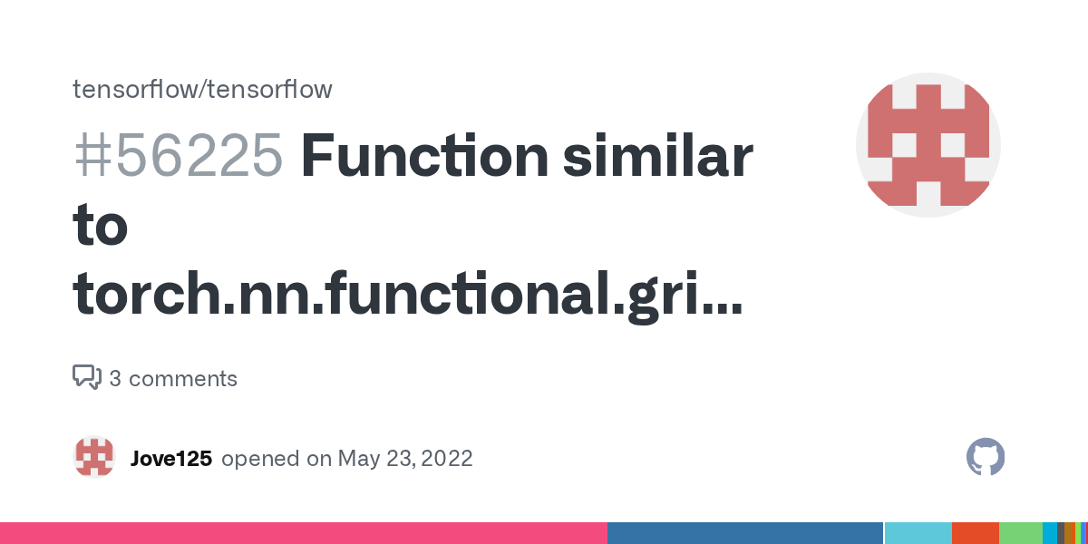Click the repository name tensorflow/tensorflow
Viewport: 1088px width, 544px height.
click(202, 89)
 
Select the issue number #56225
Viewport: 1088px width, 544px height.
click(178, 156)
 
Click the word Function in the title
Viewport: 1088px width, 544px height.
click(424, 156)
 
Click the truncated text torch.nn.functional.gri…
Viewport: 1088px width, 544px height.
click(407, 293)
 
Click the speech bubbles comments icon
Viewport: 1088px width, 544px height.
click(87, 377)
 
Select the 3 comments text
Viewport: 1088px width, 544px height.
click(173, 379)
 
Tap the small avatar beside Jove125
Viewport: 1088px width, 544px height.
click(94, 457)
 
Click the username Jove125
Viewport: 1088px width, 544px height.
click(171, 459)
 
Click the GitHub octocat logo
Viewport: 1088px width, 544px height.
click(986, 457)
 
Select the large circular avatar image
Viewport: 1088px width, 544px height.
click(928, 145)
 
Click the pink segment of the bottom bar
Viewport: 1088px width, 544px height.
click(303, 533)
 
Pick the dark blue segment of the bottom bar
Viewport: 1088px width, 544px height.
click(744, 533)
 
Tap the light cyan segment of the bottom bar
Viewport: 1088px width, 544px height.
click(918, 533)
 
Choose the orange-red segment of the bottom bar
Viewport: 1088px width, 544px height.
click(975, 533)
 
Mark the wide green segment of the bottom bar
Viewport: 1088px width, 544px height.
click(1020, 533)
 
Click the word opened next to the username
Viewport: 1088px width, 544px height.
click(262, 459)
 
